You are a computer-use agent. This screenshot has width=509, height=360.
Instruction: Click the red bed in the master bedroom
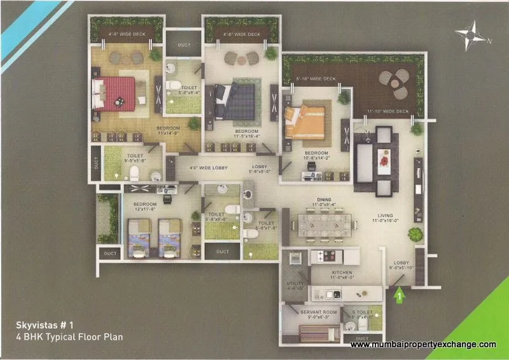[116, 93]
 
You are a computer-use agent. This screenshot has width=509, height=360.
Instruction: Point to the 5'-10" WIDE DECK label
[316, 80]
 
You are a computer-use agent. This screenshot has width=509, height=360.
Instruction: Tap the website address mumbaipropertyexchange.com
[423, 345]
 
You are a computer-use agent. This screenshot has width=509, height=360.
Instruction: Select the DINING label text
[324, 200]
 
